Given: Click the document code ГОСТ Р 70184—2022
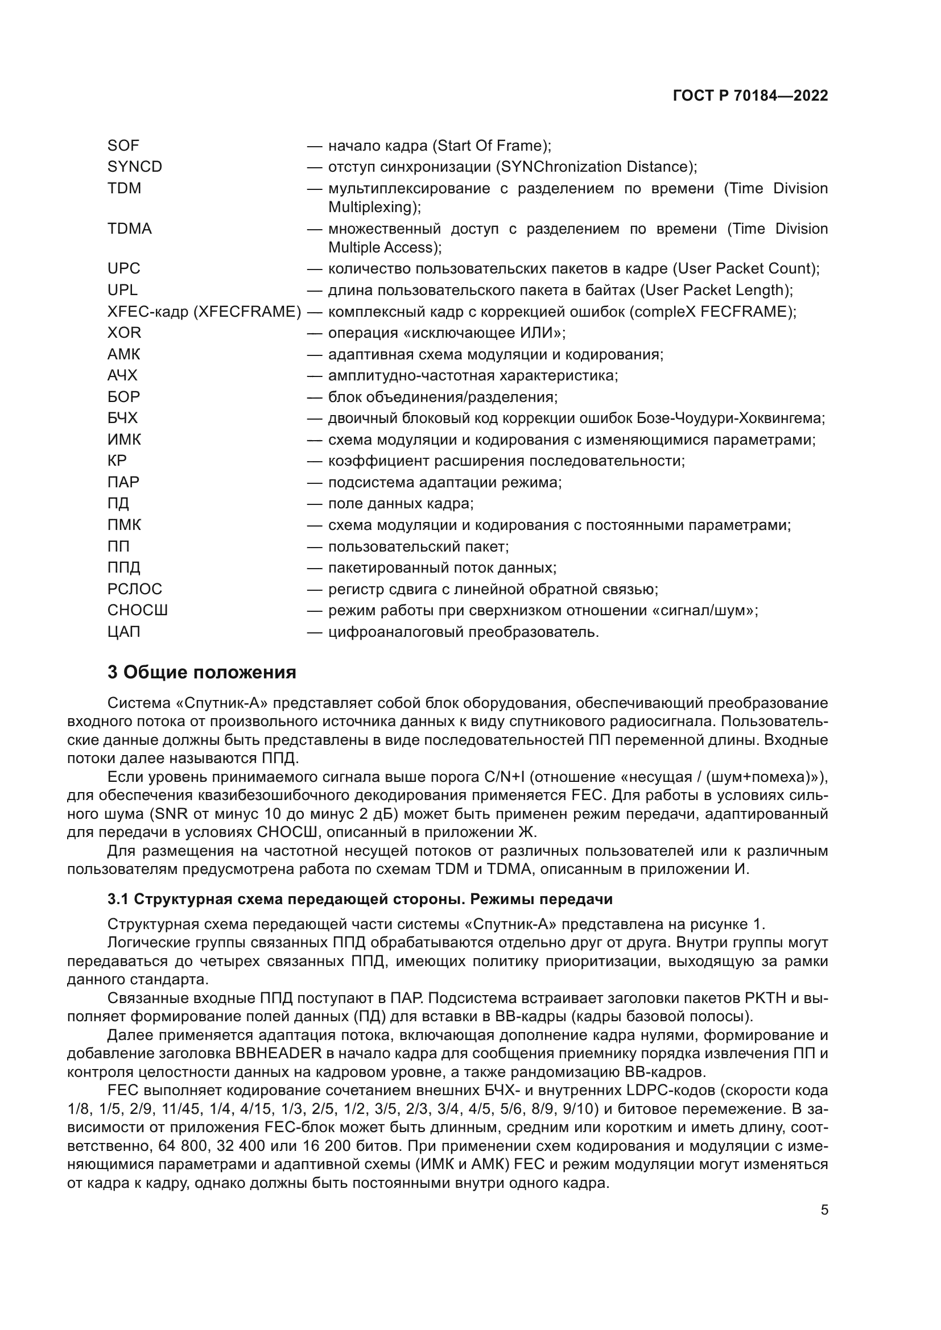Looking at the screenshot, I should point(750,96).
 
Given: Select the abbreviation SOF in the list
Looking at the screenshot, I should point(123,146).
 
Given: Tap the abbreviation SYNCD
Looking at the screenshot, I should point(134,167).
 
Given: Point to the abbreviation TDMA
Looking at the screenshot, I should point(129,229).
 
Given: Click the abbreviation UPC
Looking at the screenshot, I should point(123,269).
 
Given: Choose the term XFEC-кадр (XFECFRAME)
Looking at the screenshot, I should point(204,312).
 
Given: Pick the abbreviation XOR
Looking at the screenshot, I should point(124,333).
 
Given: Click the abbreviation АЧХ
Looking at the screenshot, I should point(122,375).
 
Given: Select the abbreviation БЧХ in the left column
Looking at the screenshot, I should point(122,419).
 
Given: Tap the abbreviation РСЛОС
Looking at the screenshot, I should point(134,589).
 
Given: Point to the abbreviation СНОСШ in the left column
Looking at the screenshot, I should point(137,611).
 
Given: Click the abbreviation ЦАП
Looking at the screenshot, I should point(123,632).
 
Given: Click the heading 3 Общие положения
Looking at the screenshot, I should point(201,673).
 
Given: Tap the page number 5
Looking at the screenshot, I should point(824,1210).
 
